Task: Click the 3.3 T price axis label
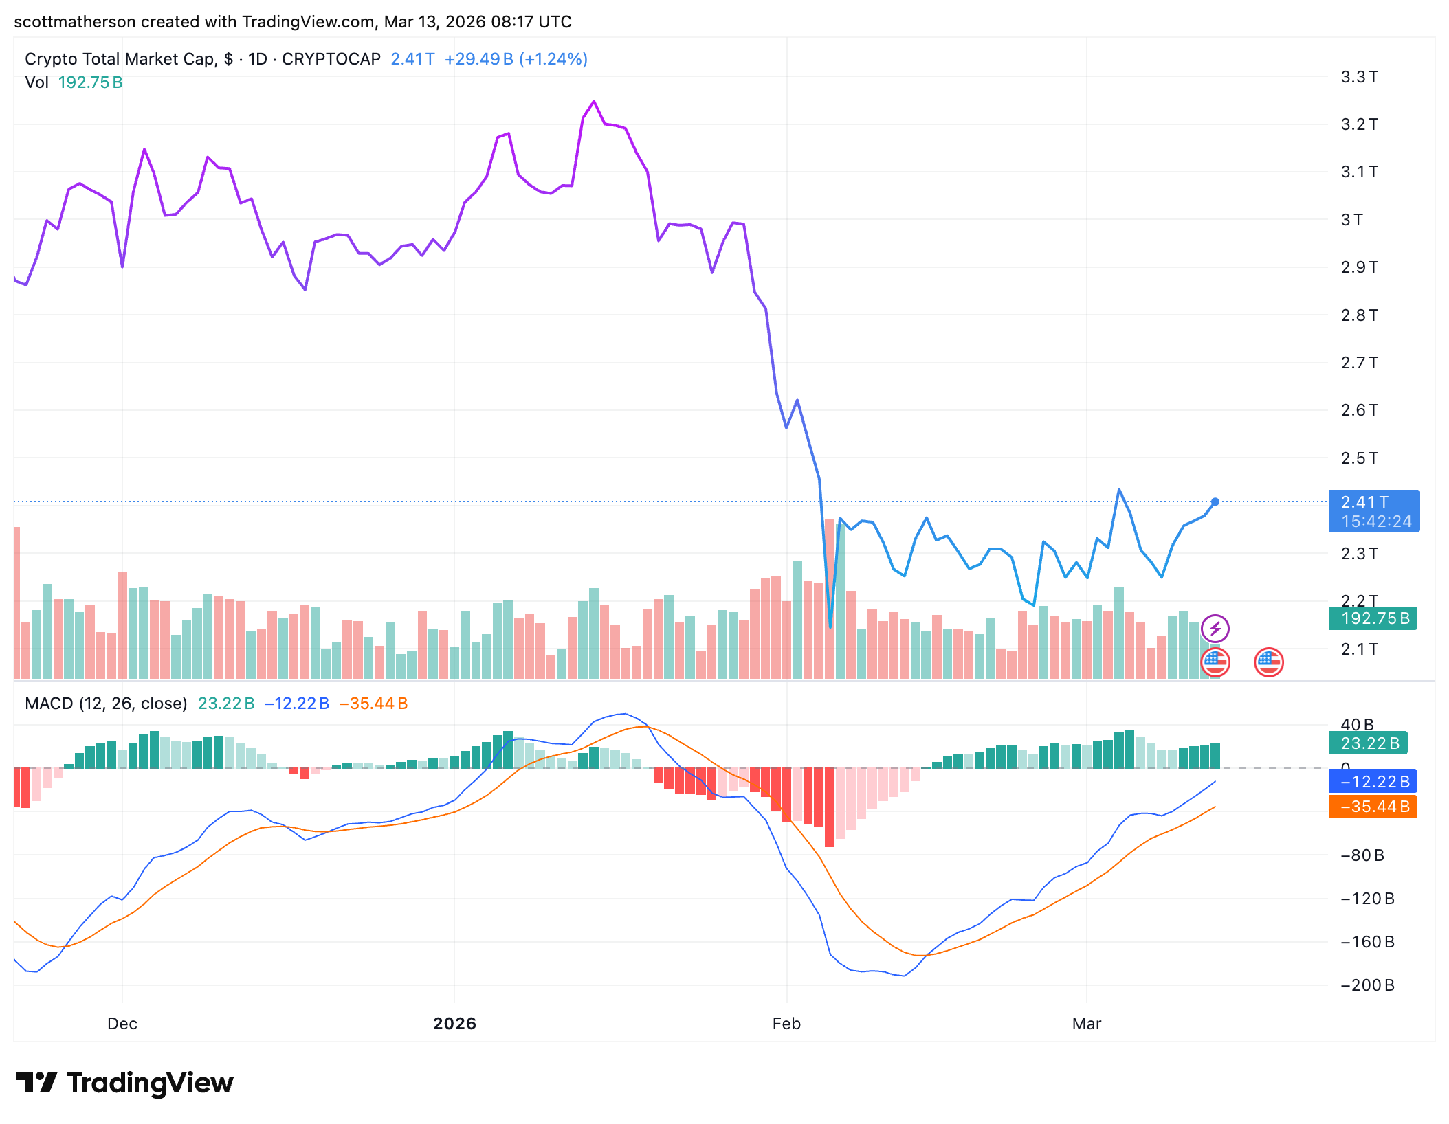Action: [x=1359, y=77]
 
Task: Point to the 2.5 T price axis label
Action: [x=1359, y=458]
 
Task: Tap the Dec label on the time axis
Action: [x=122, y=1024]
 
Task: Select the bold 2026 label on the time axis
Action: [x=454, y=1024]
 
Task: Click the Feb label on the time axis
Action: [x=786, y=1024]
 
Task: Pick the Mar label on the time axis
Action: [x=1086, y=1024]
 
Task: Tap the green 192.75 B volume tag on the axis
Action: [x=1373, y=618]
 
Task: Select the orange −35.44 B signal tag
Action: [x=1373, y=807]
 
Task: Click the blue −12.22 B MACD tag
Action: [x=1373, y=782]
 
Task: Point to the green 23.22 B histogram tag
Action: [x=1370, y=743]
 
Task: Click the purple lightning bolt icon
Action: [x=1215, y=628]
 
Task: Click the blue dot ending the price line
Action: [x=1215, y=502]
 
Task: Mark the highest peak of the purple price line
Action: [x=594, y=102]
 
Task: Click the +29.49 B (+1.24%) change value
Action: [x=516, y=59]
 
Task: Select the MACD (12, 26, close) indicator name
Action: [x=106, y=704]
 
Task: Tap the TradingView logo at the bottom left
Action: [x=125, y=1083]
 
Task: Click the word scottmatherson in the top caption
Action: [x=75, y=22]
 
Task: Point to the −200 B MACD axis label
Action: [x=1367, y=985]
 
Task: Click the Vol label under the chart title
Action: [x=36, y=82]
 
